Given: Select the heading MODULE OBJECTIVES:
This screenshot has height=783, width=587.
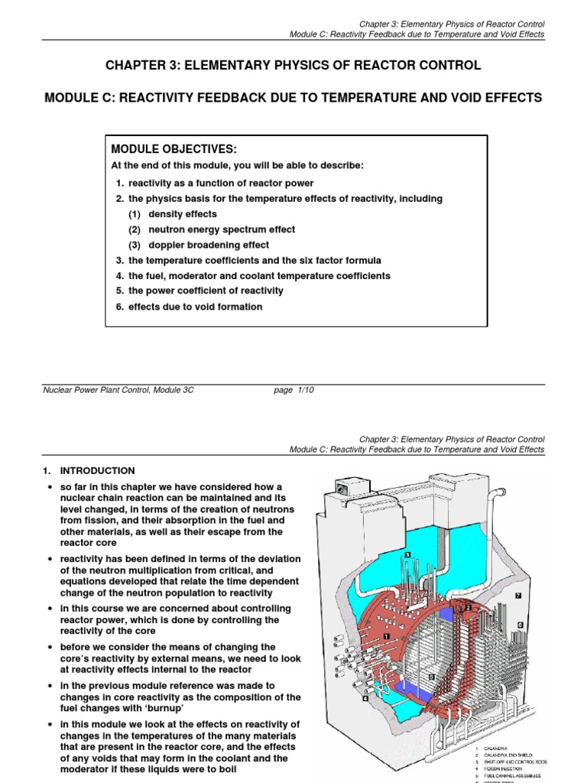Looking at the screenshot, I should (170, 148).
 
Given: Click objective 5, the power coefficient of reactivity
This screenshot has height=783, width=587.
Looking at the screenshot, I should (206, 291).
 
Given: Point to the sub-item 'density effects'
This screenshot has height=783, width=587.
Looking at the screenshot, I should (183, 214).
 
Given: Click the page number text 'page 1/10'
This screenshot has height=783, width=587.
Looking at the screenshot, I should (293, 390).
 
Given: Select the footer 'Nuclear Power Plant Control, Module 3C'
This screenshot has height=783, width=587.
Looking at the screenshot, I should (118, 390).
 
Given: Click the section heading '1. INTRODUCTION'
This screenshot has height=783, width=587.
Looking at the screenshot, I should (89, 471).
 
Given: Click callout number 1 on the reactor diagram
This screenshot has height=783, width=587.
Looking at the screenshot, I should (388, 636).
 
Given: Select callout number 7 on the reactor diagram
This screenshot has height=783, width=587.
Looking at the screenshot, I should (517, 595).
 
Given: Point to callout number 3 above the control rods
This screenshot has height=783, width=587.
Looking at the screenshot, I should (407, 555).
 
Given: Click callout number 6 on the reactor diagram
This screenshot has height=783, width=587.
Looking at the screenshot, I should (521, 625).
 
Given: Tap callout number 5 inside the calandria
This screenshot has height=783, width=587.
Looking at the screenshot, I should (432, 677).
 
